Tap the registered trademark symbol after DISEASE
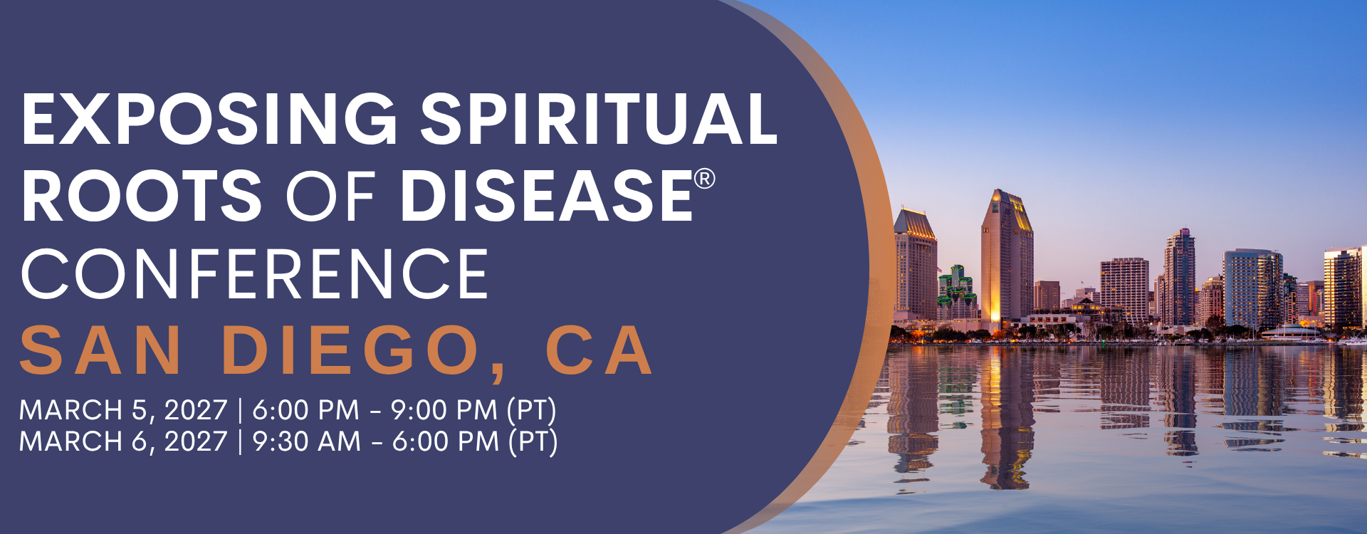pyautogui.click(x=704, y=178)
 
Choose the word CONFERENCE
pyautogui.click(x=255, y=274)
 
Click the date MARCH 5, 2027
pyautogui.click(x=123, y=411)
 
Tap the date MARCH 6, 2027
pyautogui.click(x=123, y=442)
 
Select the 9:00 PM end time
pyautogui.click(x=444, y=410)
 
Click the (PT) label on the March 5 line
pyautogui.click(x=531, y=411)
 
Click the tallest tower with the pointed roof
pyautogui.click(x=1007, y=256)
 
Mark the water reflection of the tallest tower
pyautogui.click(x=1007, y=417)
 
